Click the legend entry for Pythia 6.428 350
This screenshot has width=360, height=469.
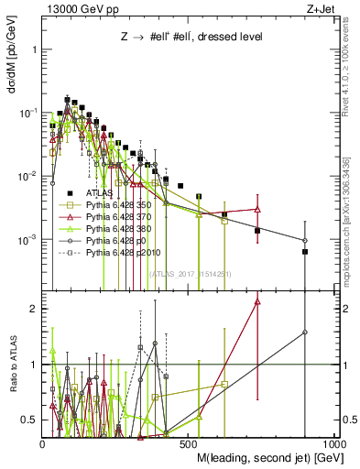pyautogui.click(x=117, y=205)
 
